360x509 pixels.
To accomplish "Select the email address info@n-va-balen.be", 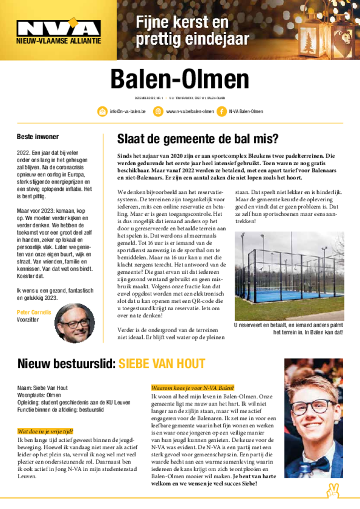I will coord(128,111).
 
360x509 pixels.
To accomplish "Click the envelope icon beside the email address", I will coord(102,111).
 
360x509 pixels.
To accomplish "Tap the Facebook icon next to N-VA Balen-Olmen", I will coord(221,111).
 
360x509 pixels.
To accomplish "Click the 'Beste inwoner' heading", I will coord(37,137).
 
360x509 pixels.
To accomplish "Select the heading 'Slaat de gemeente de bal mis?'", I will coord(197,139).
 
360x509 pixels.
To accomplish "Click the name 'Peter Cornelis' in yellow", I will coord(34,312).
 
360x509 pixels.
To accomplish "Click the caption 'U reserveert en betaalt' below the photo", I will coord(288,326).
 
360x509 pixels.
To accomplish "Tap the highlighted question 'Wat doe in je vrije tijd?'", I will coord(45,431).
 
